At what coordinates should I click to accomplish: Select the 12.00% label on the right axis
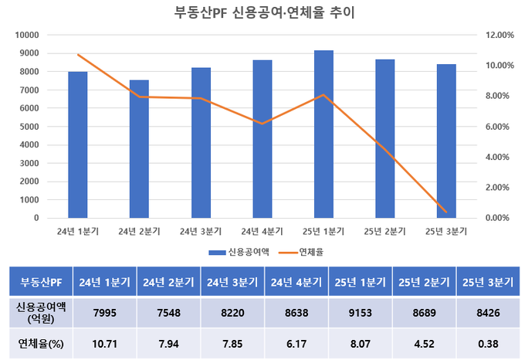tap(495, 36)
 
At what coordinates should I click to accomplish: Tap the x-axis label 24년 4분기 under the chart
tap(262, 231)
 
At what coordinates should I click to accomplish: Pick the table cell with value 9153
tap(361, 311)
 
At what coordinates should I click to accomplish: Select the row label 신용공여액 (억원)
tap(40, 311)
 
